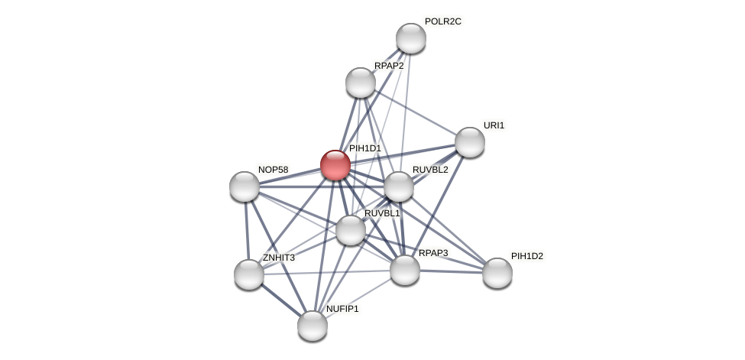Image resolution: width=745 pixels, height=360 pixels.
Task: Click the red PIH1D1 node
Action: pos(335,165)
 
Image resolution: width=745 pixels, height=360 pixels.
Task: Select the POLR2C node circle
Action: pos(410,38)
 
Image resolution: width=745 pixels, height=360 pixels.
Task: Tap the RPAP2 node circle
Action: pos(361,83)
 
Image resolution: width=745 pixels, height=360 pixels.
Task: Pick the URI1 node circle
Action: pos(470,142)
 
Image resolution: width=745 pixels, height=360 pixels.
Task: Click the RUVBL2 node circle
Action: pos(398,186)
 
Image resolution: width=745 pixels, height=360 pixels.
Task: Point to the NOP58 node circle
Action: pos(245,186)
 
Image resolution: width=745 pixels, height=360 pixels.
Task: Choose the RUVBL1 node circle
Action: pos(351,230)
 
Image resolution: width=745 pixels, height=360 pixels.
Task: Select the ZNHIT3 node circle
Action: pos(249,274)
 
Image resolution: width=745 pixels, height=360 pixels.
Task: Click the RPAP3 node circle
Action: pos(405,270)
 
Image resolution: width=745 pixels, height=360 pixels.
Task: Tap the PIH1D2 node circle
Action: pos(497,273)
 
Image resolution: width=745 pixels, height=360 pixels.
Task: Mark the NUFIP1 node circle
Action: pos(313,326)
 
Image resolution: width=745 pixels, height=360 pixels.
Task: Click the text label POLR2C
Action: pos(443,21)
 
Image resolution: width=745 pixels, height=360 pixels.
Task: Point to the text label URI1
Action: pos(494,125)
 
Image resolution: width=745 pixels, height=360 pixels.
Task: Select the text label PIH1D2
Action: pos(527,256)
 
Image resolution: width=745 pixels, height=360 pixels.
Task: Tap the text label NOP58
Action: pos(273,170)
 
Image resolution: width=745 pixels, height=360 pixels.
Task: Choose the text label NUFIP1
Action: pos(342,309)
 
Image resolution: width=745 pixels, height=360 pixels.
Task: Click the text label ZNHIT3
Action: pos(279,258)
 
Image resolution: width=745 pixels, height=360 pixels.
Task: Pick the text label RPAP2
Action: pos(389,66)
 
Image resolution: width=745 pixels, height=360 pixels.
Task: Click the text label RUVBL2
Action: pos(430,170)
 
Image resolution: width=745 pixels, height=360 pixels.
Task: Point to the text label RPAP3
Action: pos(432,253)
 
